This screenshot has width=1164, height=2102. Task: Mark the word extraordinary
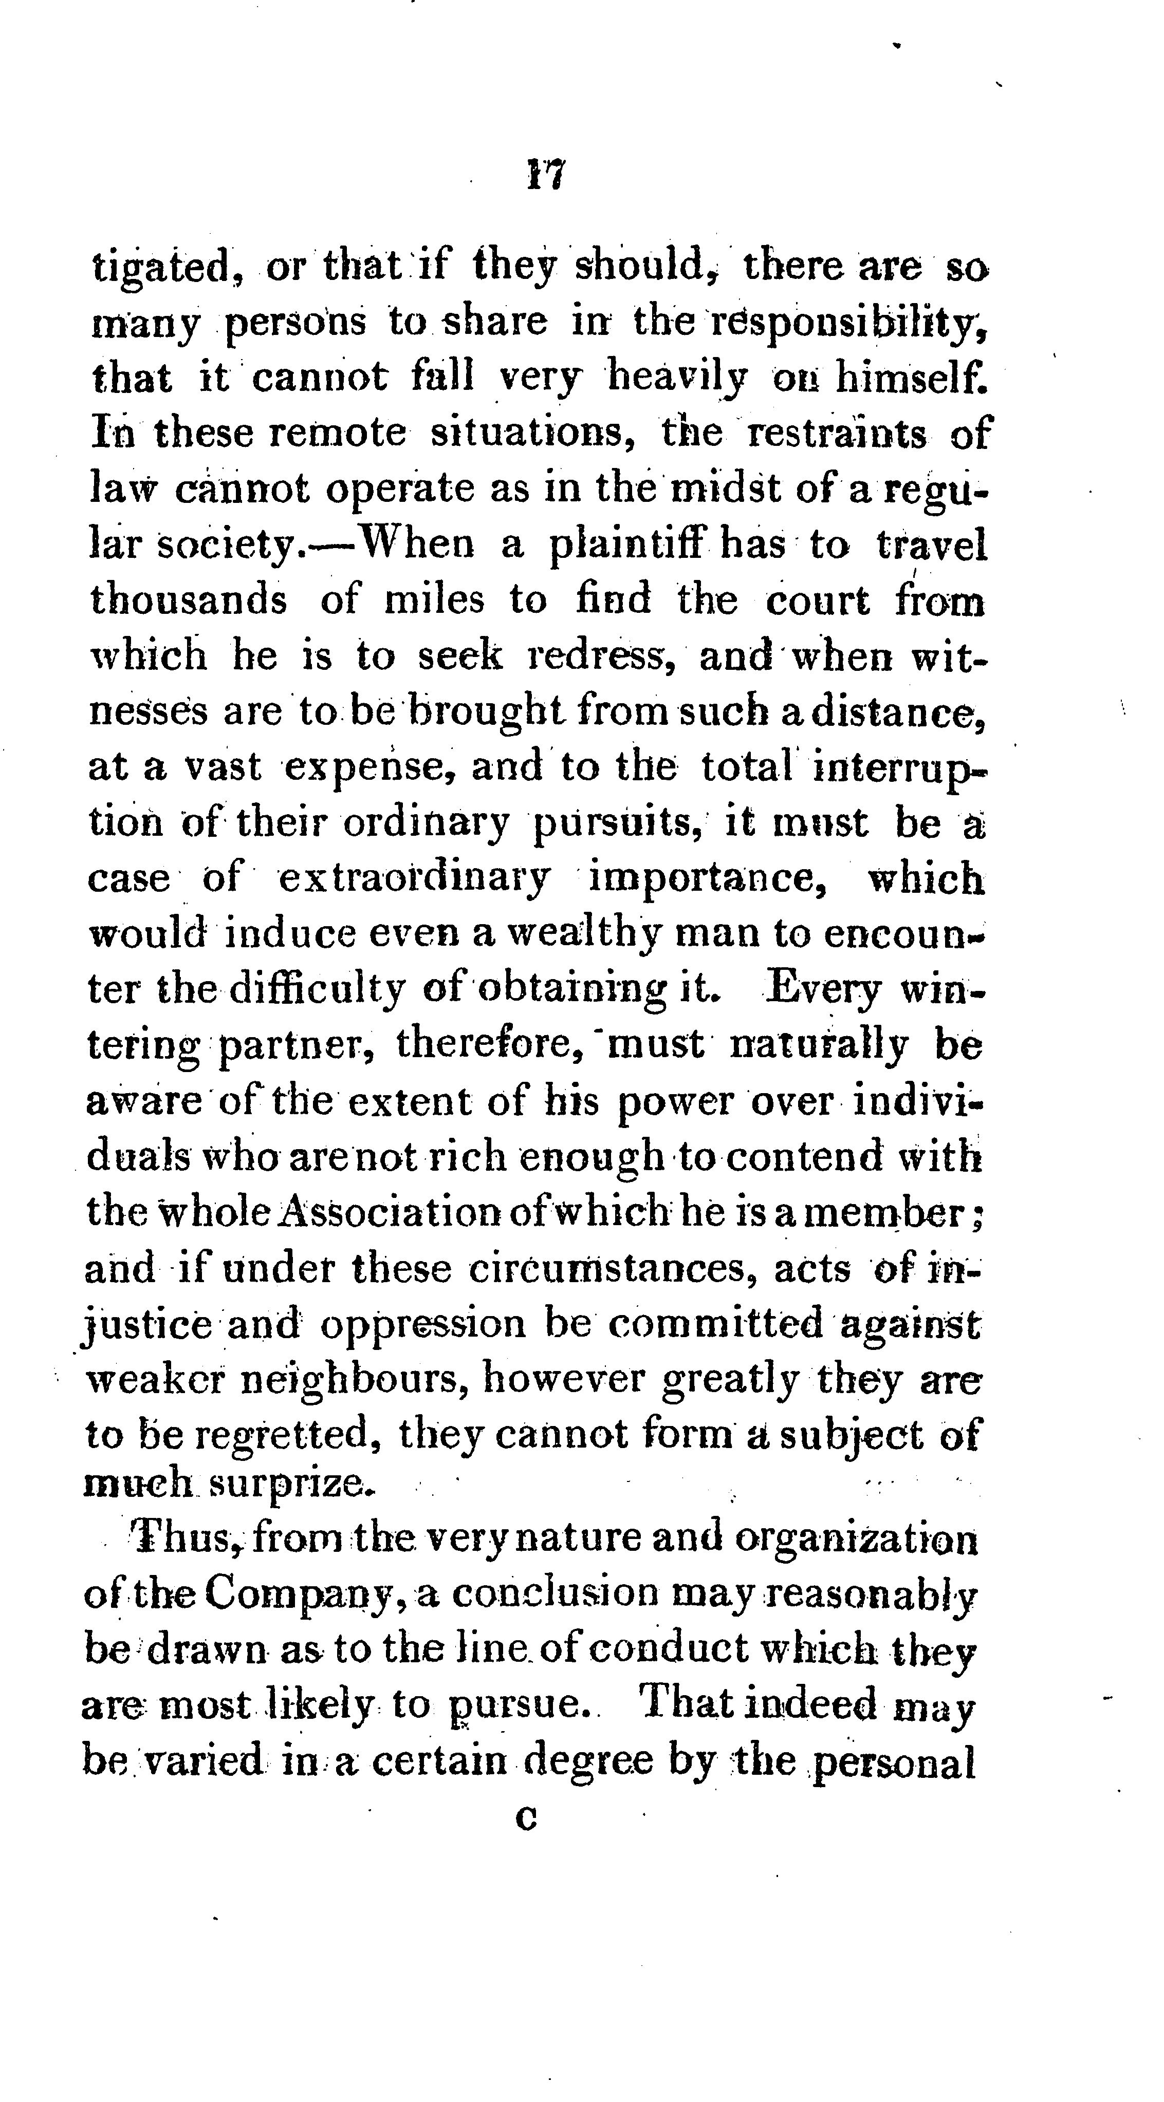click(x=415, y=879)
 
